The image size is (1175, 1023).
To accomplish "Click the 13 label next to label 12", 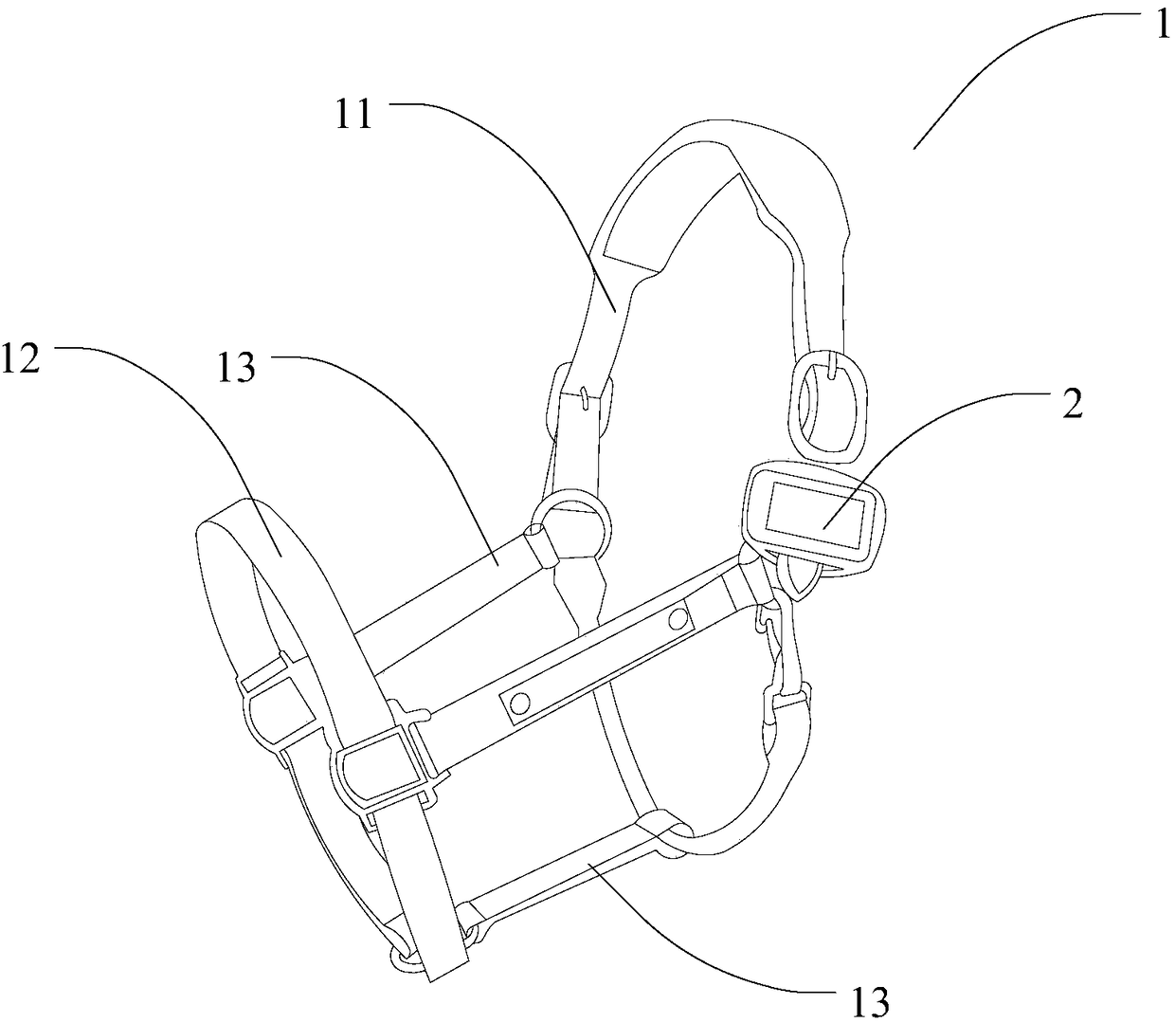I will coord(236,367).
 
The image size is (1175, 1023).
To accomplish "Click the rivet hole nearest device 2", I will coord(678,620).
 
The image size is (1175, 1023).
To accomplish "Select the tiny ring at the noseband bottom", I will coord(405,959).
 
